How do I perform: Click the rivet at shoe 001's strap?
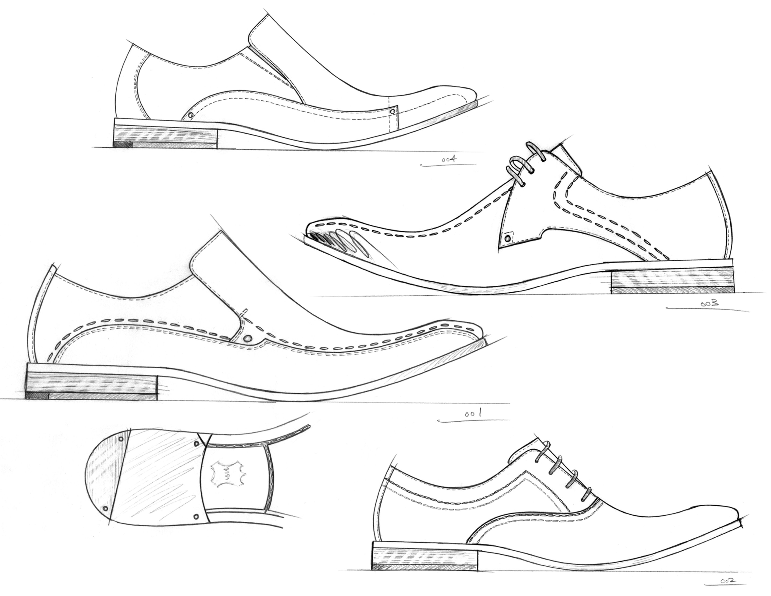pos(248,338)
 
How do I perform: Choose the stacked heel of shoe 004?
pos(166,136)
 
